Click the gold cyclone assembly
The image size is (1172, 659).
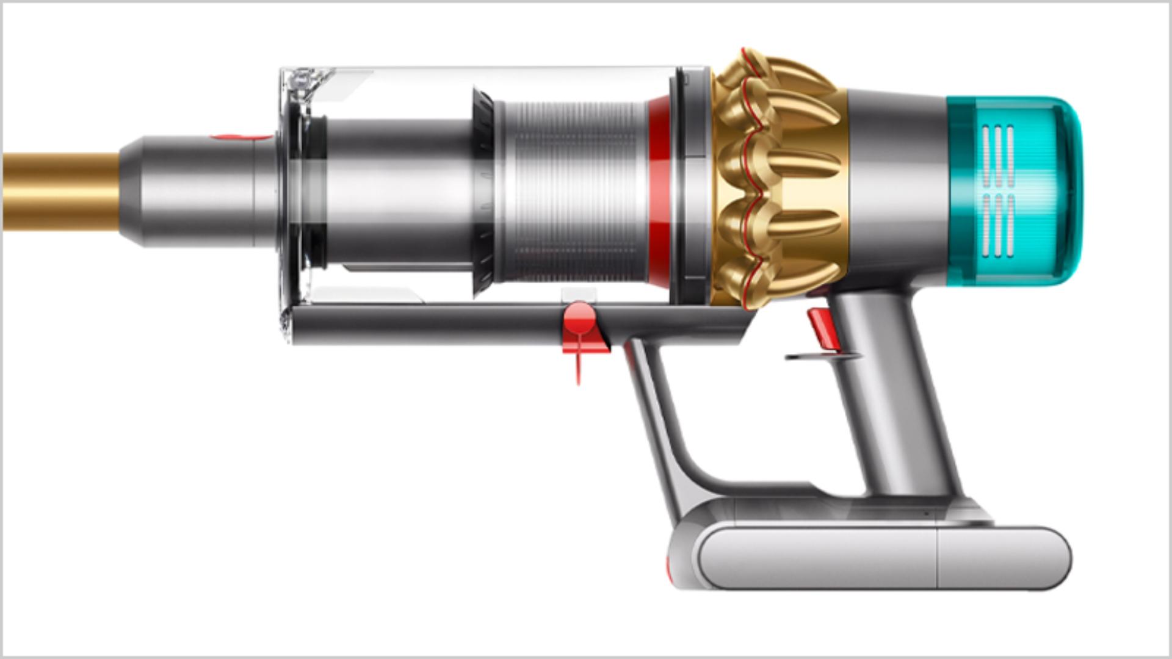tap(778, 177)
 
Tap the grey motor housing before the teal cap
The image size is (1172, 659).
tap(897, 183)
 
